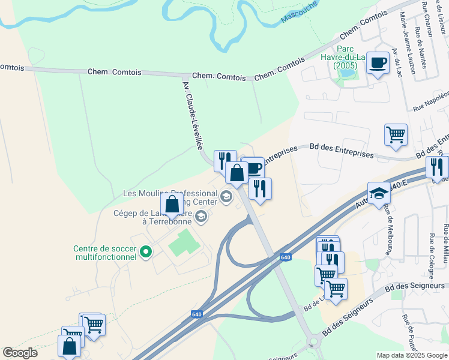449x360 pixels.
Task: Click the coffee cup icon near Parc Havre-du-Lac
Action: pyautogui.click(x=378, y=63)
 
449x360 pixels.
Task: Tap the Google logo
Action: pyautogui.click(x=20, y=353)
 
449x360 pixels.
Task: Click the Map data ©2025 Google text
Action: pyautogui.click(x=411, y=355)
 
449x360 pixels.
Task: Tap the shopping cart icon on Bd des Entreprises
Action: pyautogui.click(x=396, y=136)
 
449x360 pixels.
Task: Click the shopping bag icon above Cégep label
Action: pyautogui.click(x=172, y=205)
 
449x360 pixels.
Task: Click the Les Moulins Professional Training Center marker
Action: pyautogui.click(x=226, y=196)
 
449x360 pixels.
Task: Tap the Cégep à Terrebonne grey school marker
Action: pyautogui.click(x=201, y=216)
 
